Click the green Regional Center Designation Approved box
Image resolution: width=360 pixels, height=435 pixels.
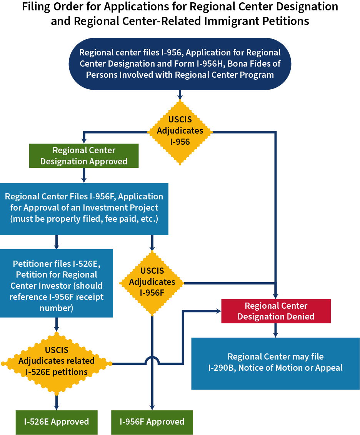click(83, 156)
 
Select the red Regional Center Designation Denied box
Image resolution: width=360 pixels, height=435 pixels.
click(276, 311)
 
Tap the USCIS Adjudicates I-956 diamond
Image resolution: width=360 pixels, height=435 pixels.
click(180, 130)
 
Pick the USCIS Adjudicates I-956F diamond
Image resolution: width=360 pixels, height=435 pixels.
click(152, 282)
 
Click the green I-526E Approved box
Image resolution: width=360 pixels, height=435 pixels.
click(57, 422)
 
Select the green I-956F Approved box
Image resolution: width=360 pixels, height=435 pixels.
click(152, 422)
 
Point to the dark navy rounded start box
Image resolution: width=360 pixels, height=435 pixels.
click(180, 64)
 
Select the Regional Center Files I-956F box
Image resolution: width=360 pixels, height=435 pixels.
click(84, 208)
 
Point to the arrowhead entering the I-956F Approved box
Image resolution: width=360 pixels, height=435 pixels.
click(152, 408)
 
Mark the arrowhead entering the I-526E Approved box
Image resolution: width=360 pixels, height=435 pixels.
click(57, 408)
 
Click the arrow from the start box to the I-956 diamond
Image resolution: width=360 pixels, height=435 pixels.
click(180, 95)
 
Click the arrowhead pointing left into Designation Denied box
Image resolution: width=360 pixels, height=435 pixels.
click(218, 311)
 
